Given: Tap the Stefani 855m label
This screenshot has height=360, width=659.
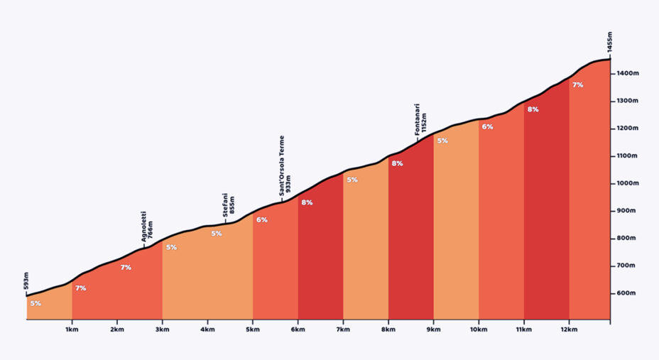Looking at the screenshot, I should coord(228,205).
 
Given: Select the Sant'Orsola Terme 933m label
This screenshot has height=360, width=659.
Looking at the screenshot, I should coord(284,165).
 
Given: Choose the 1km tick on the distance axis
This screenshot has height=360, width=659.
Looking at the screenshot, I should coord(72,329).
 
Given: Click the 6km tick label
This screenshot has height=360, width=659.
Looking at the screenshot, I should coord(298,329).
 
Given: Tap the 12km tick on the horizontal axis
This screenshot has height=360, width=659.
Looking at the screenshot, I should coord(569,329).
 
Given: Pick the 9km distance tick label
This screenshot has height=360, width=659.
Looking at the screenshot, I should coord(433,329).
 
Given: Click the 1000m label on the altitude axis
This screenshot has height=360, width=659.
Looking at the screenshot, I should coord(627,183).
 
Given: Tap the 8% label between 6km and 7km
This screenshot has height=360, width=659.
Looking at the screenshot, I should coord(307,202).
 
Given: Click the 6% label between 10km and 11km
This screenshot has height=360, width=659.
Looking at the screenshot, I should coord(487,126).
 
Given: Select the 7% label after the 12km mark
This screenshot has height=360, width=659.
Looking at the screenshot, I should coord(578,84).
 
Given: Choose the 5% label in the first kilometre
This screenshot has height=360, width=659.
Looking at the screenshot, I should coord(36,303).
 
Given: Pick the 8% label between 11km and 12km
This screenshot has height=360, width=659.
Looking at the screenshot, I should coord(533,109).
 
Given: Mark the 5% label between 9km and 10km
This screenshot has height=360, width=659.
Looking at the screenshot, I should coord(442,141).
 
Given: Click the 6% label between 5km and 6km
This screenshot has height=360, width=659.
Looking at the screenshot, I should coord(262,219).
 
